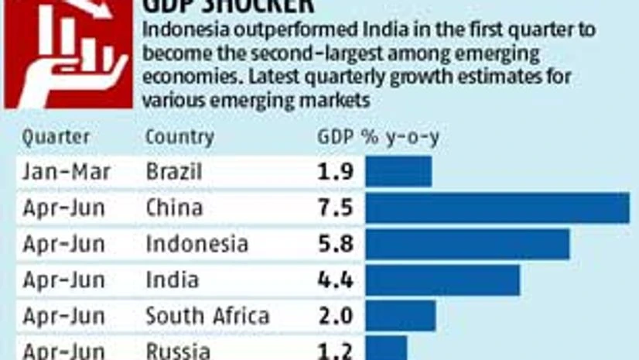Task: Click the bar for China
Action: tap(497, 208)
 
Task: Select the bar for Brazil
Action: tap(398, 171)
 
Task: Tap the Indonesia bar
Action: tap(467, 244)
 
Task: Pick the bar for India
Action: tap(443, 280)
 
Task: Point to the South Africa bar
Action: tap(401, 316)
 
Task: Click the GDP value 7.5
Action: tap(336, 208)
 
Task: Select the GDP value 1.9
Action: tap(336, 171)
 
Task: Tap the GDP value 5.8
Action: tap(336, 244)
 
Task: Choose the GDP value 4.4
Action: tap(336, 280)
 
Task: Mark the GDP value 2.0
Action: tap(336, 316)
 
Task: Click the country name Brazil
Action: tap(174, 171)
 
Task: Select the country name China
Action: tap(174, 208)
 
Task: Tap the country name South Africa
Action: tap(207, 316)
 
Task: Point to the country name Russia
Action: tap(178, 351)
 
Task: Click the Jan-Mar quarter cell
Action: tap(66, 171)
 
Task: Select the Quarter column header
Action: tap(56, 137)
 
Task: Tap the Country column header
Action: tap(179, 137)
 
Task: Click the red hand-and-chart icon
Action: tap(68, 54)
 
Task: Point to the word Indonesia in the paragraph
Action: tap(183, 29)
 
